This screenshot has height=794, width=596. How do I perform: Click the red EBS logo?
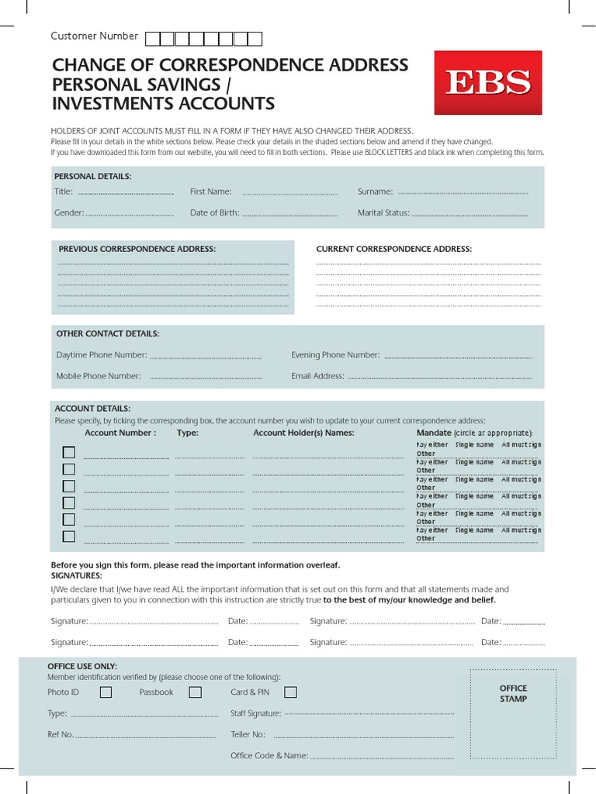tap(487, 82)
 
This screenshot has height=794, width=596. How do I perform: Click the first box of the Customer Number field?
tap(153, 38)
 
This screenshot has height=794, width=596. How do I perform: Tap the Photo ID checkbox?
tap(106, 692)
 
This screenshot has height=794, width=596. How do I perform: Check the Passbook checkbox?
tap(196, 692)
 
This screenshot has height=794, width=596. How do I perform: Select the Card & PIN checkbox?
tap(290, 692)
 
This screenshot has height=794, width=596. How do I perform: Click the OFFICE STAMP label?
tap(513, 693)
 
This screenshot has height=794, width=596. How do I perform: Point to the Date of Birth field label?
tap(214, 212)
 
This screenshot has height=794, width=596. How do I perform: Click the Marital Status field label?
tap(383, 212)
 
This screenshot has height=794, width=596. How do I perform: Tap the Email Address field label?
tap(317, 376)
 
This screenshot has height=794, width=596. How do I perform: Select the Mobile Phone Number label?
tap(99, 376)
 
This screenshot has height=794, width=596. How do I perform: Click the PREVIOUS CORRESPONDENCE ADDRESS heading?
tap(137, 249)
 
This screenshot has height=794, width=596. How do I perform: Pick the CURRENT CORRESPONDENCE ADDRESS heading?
tap(393, 249)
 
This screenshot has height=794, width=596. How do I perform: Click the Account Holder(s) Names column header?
tap(303, 433)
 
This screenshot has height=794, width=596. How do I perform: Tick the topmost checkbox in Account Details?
tap(69, 452)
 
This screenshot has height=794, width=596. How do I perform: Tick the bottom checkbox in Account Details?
tap(69, 536)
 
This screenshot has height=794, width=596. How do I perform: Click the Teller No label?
tap(248, 734)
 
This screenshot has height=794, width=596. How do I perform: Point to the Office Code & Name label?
tap(269, 755)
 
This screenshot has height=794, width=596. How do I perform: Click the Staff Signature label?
tap(255, 713)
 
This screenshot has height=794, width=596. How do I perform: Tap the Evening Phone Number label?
tap(335, 355)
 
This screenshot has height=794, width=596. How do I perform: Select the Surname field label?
tap(375, 192)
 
